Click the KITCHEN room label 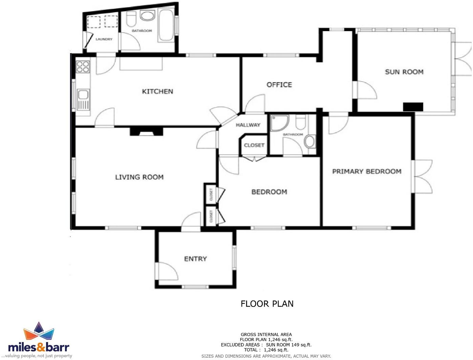point(157,91)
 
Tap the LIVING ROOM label point(139,177)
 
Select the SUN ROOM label point(404,72)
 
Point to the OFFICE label point(279,85)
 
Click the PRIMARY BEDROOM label point(367,171)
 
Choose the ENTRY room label point(195,258)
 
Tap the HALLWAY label point(248,125)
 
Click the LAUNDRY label point(104,39)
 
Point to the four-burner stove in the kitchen point(83,67)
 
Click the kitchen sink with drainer point(83,99)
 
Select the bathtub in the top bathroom point(166,25)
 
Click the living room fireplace point(146,132)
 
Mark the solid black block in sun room point(413,107)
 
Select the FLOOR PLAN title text point(267,304)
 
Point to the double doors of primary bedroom point(422,177)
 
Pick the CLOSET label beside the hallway point(254,145)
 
